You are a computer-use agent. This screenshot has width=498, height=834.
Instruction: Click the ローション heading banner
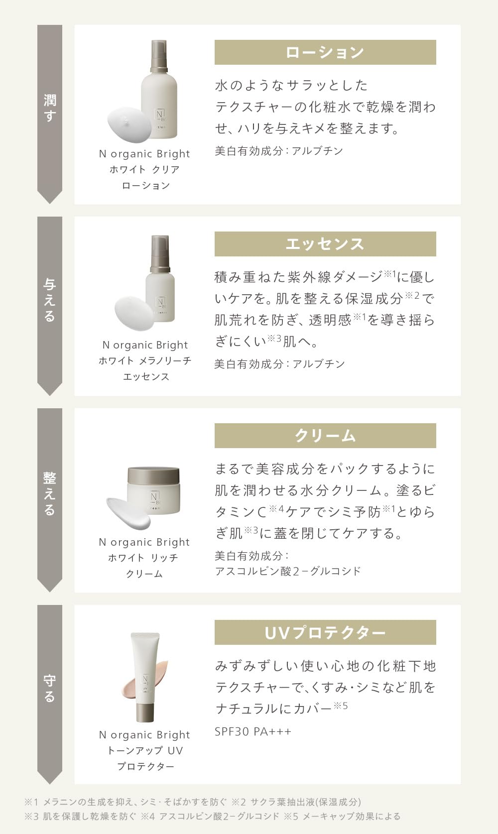[325, 52]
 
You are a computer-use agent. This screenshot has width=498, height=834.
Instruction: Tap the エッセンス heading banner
[325, 244]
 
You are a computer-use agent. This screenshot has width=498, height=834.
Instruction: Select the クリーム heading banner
[325, 436]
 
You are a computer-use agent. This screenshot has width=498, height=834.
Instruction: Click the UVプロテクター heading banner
[325, 632]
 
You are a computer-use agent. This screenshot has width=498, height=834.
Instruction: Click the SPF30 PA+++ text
[253, 731]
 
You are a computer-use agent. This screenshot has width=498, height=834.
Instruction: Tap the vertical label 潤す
[50, 108]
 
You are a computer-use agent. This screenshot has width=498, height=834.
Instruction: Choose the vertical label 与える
[50, 300]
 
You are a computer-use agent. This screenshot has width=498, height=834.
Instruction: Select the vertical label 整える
[50, 493]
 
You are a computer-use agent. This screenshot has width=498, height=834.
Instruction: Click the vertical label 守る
[50, 688]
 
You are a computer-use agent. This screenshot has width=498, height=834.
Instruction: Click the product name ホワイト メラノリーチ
[145, 360]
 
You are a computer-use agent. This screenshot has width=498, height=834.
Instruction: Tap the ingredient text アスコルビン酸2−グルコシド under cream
[288, 571]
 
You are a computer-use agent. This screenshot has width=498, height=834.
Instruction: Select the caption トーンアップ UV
[145, 750]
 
